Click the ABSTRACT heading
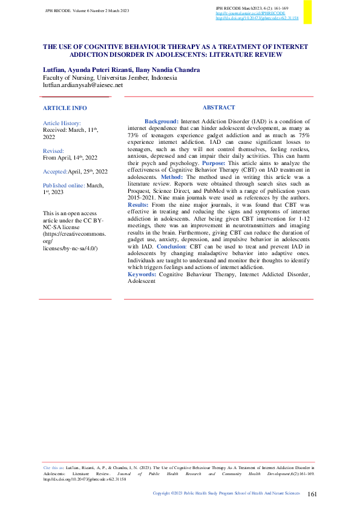[x=218, y=108]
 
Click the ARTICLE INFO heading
[x=65, y=108]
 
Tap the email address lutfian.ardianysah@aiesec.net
[x=82, y=85]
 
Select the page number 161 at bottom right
[x=312, y=494]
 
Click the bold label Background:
[x=161, y=122]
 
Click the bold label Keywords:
[x=142, y=274]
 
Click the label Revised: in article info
[x=53, y=151]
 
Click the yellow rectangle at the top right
[x=308, y=12]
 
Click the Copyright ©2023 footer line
[x=226, y=493]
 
